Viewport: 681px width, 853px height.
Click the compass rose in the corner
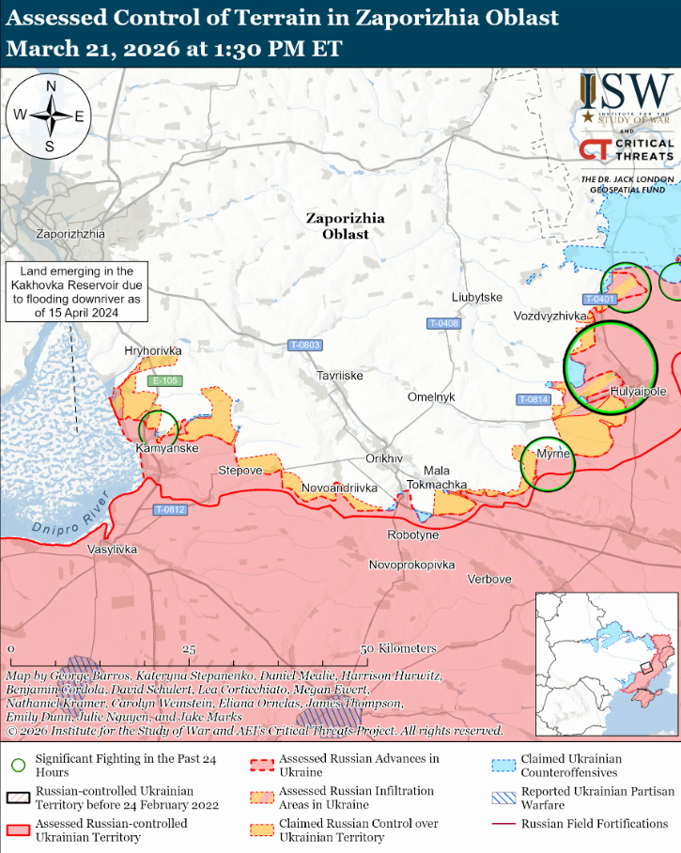tap(50, 116)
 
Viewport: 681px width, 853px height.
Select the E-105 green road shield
tap(164, 380)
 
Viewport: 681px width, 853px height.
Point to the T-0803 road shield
tap(304, 345)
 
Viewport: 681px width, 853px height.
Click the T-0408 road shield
tap(444, 323)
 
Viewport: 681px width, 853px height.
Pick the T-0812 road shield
tap(170, 510)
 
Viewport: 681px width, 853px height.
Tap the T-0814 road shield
tap(533, 399)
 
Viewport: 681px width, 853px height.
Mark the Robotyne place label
tap(412, 535)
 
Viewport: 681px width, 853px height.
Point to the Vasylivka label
tap(112, 549)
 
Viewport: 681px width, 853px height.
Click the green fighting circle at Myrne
tap(548, 464)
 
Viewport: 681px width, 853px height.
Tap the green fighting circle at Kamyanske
tap(158, 428)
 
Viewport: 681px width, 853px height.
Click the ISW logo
tap(624, 100)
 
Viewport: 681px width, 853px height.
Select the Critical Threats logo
tap(626, 150)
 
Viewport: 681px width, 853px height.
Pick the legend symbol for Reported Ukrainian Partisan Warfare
tap(506, 799)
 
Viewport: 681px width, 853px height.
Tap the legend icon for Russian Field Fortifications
tap(506, 824)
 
